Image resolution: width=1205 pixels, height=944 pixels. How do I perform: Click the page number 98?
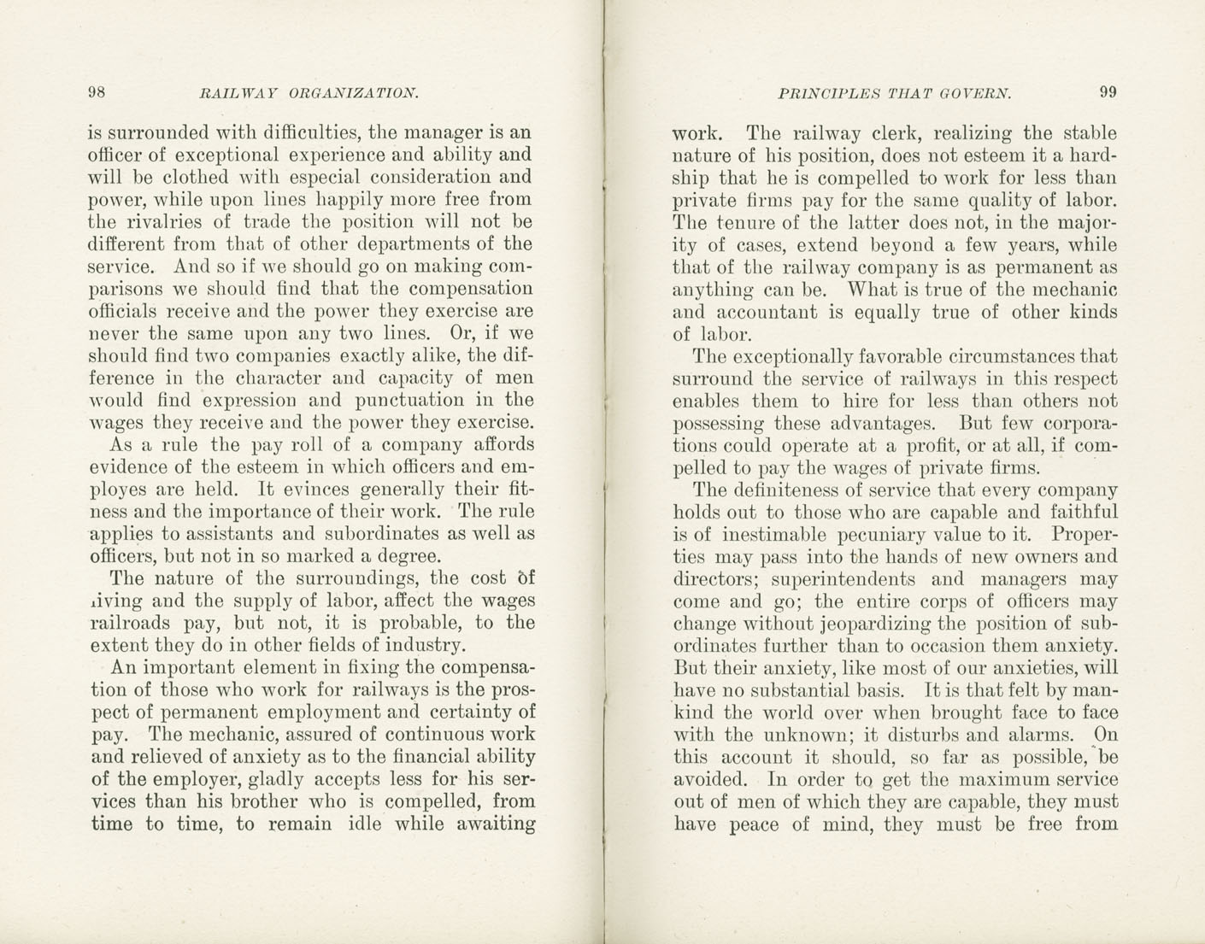coord(97,92)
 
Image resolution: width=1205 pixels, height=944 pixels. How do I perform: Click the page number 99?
coord(1108,92)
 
